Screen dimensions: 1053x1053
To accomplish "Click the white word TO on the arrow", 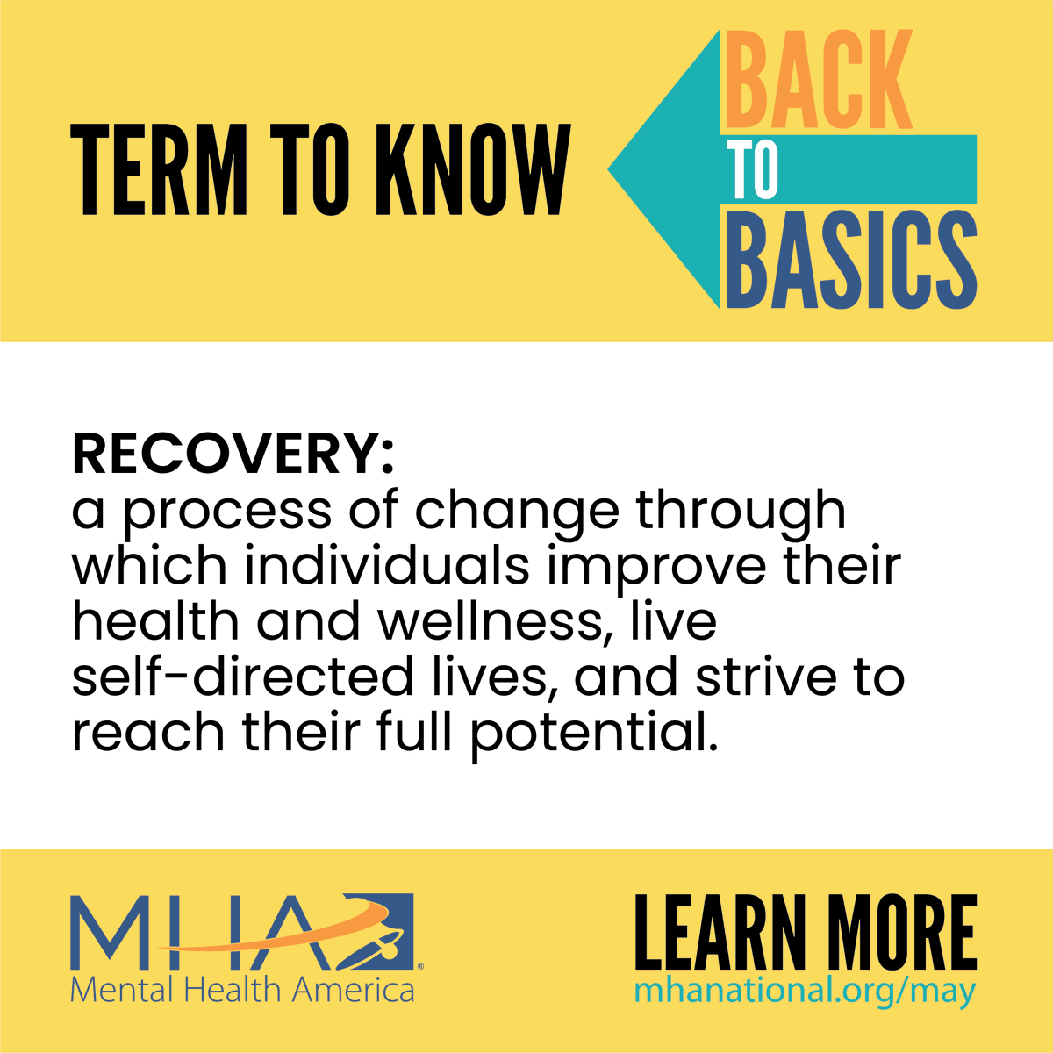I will click(x=752, y=169).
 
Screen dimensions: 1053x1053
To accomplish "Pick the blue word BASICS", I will click(x=851, y=260).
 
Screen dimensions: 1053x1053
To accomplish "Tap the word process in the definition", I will click(x=227, y=512).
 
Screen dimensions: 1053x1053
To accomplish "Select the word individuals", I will click(x=387, y=565).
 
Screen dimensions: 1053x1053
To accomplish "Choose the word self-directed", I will click(x=242, y=677).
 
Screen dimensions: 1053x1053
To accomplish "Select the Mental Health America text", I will click(x=242, y=991).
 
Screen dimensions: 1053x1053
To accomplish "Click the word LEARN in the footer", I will click(x=720, y=932).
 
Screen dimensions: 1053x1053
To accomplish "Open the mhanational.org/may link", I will click(x=805, y=992).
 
